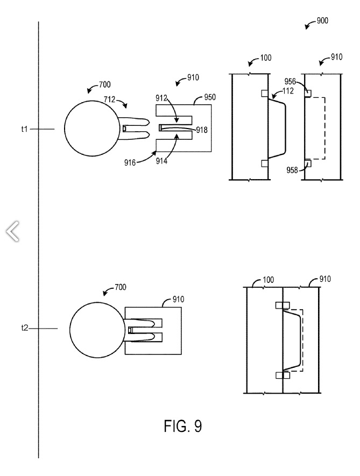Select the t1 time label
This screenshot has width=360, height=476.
[24, 129]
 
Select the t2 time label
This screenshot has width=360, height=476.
[24, 328]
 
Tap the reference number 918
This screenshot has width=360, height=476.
[202, 130]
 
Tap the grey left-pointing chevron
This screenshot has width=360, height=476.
[12, 231]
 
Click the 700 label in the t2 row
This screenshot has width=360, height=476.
[119, 287]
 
